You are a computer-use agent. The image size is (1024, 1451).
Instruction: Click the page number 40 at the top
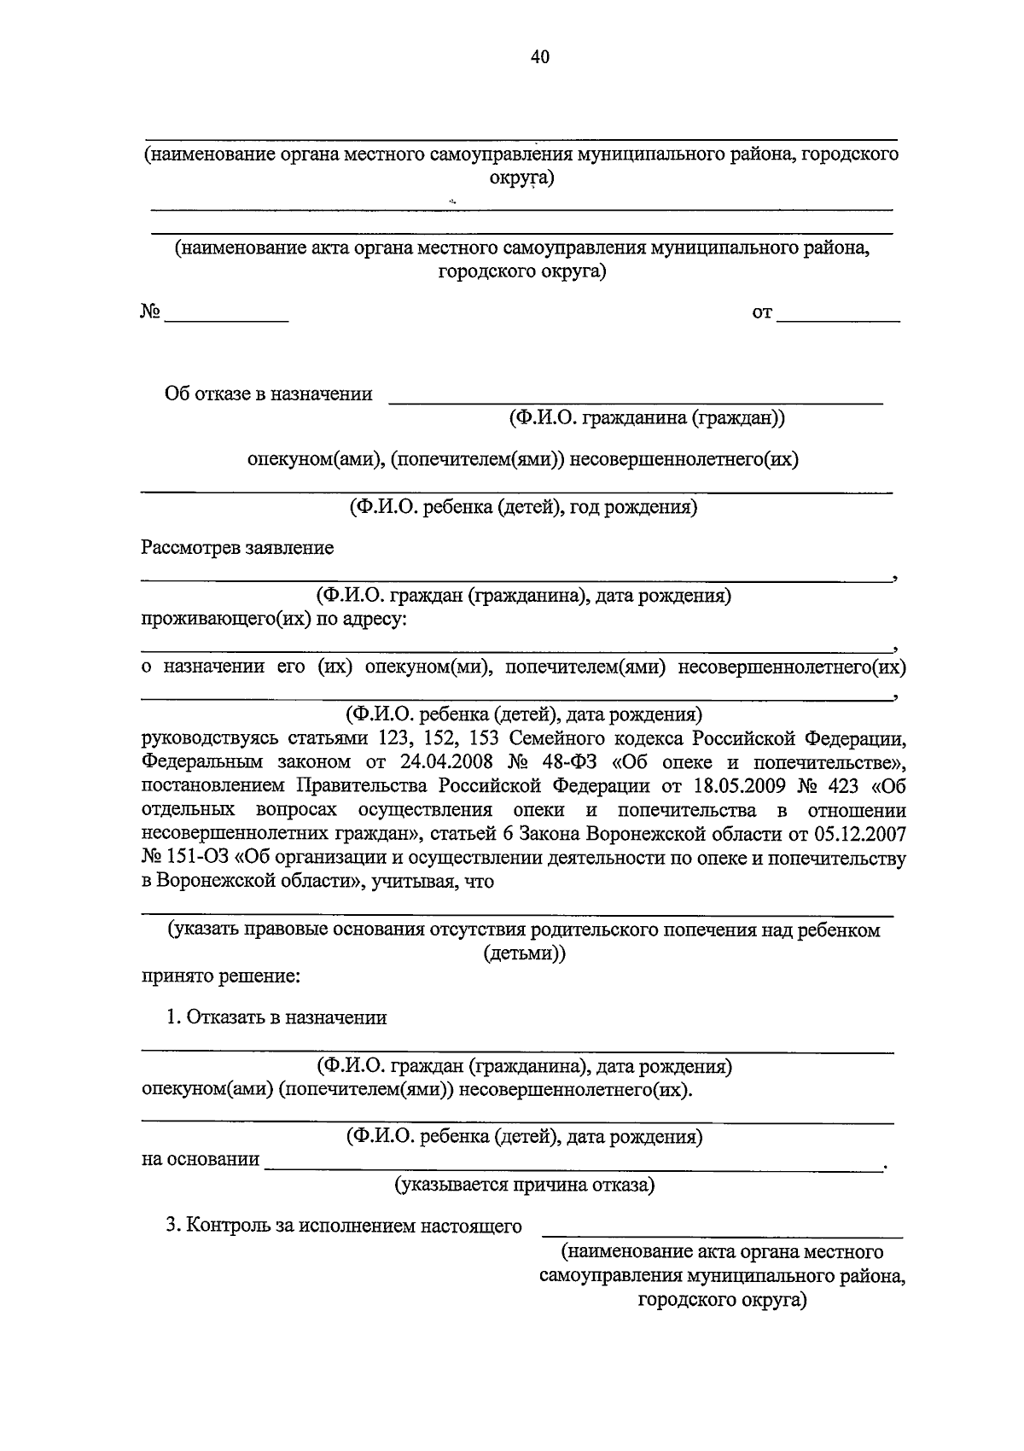click(x=539, y=57)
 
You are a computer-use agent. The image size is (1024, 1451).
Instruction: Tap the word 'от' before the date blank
click(x=762, y=314)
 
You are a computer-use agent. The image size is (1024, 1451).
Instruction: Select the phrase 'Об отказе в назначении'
click(x=269, y=394)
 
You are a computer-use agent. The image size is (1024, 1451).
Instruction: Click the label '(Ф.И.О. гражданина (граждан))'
click(x=646, y=418)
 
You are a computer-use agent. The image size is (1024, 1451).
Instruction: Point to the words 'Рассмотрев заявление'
click(x=237, y=548)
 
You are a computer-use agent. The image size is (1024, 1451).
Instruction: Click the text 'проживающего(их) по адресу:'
click(x=274, y=619)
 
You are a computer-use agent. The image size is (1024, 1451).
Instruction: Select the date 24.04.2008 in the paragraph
click(x=449, y=761)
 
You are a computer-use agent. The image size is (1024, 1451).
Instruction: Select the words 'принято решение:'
click(x=220, y=976)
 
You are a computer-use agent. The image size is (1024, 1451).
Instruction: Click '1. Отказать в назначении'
click(x=276, y=1017)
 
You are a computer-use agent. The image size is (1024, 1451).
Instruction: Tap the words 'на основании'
click(x=201, y=1159)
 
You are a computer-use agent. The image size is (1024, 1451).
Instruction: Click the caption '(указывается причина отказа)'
click(x=524, y=1185)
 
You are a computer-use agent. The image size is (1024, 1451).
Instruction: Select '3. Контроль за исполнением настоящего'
click(x=343, y=1227)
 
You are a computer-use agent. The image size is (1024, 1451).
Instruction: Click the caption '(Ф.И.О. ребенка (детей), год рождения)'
click(x=522, y=507)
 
